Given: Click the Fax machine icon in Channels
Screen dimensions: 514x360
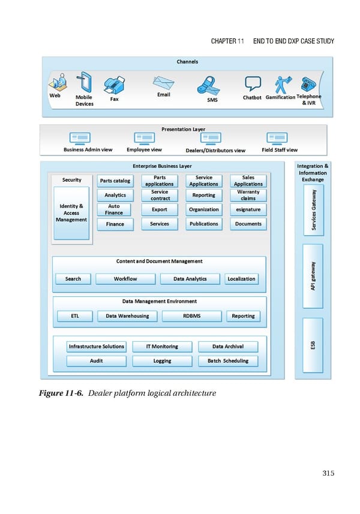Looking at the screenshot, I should tap(114, 85).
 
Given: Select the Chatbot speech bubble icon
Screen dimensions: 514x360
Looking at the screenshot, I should tap(252, 84).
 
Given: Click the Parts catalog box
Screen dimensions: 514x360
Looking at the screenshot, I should tap(115, 181).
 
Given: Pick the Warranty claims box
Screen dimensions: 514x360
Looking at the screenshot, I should tap(248, 195).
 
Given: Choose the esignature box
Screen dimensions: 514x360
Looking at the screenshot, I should tap(248, 209).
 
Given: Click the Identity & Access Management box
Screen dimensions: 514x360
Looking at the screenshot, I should tap(71, 213).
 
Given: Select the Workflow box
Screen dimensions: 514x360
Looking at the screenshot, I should tap(125, 279).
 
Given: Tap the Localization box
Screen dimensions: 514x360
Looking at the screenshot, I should tap(242, 279).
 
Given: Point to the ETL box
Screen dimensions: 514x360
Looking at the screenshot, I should tap(74, 316).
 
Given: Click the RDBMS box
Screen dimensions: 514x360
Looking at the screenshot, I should tap(191, 316).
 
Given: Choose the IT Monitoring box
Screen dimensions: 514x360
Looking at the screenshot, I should tap(162, 347).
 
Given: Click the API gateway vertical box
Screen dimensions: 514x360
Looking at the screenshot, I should tap(313, 276).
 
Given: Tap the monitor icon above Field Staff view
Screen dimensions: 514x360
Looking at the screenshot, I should tap(277, 138).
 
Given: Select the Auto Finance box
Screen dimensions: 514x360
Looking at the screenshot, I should tap(114, 209).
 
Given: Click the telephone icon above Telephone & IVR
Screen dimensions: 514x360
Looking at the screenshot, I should tap(309, 83).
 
